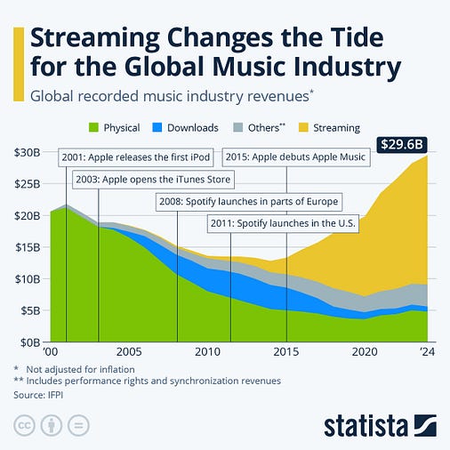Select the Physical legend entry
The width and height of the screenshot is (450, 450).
(x=113, y=127)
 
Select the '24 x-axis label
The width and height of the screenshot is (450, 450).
(x=429, y=352)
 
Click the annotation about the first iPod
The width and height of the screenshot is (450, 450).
(x=135, y=157)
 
